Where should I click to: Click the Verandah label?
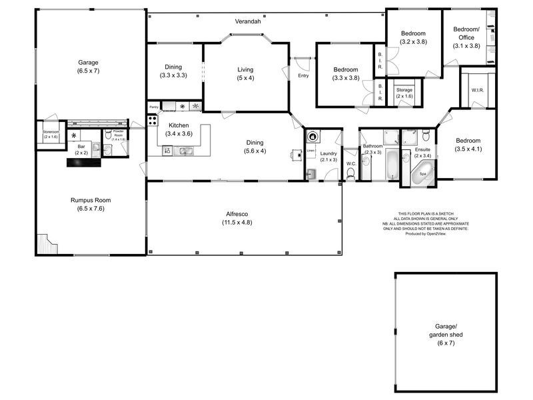(x=247, y=22)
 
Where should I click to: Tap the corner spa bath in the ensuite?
(x=422, y=175)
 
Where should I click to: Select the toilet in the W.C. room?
(x=351, y=175)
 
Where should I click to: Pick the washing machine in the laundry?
(x=312, y=137)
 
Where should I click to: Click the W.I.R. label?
(x=477, y=90)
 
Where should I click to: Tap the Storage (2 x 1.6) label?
(x=404, y=93)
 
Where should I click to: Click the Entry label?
(x=303, y=75)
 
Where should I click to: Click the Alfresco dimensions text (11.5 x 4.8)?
(x=238, y=222)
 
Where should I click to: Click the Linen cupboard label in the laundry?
(x=310, y=151)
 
